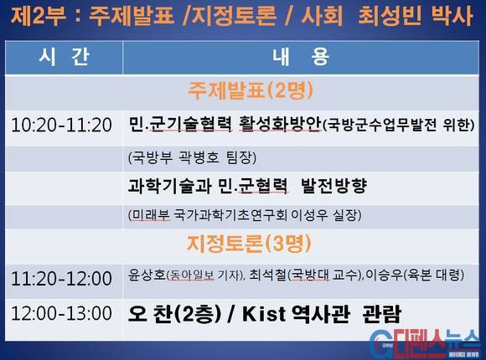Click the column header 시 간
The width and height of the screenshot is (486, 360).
coord(65,57)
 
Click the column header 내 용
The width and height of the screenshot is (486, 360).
coord(301,57)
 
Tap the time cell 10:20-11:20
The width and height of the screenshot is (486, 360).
coord(61,126)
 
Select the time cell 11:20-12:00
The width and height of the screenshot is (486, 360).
coord(61,278)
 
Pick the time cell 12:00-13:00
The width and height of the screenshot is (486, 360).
coord(61,313)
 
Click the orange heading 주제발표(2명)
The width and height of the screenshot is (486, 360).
coord(251,90)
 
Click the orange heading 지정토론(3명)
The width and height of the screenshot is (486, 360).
coord(249,244)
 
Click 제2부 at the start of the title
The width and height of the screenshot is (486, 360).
coord(39,16)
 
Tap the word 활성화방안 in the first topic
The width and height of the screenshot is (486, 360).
coord(280,124)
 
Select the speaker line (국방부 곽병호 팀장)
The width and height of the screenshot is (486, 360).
coord(192,157)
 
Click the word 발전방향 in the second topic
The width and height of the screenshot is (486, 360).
coord(333,186)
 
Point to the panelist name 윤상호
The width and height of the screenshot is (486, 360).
coord(147,275)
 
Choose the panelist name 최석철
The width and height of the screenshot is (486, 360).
coord(267,275)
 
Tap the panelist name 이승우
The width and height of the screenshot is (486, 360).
coord(385,275)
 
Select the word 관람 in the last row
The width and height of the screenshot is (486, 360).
coord(381,314)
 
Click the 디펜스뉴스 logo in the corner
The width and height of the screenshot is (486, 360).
coord(427,343)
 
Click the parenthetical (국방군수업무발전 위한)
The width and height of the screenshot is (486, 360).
coord(399,126)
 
